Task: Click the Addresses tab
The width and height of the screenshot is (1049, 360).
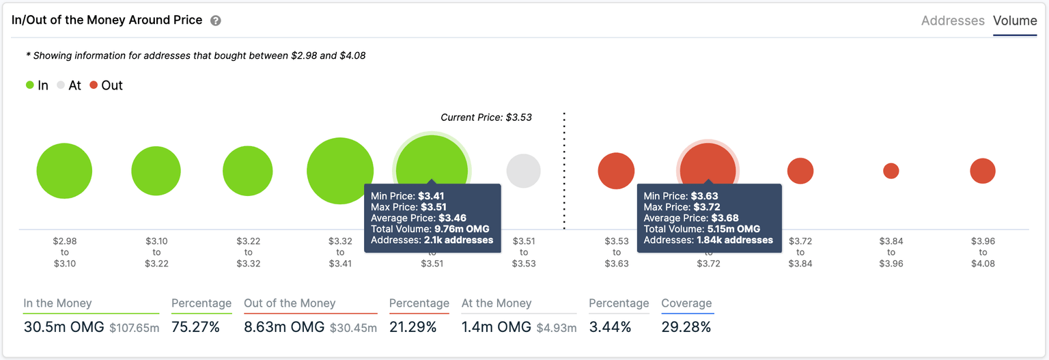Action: pos(952,20)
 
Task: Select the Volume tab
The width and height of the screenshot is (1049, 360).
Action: pos(1014,20)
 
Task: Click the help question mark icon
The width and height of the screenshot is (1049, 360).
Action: pos(216,20)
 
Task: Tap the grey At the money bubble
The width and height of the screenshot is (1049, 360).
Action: pos(523,171)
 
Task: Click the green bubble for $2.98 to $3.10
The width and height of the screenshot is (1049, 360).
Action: pos(64,171)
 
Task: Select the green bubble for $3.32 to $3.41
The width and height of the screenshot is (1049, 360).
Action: pos(340,171)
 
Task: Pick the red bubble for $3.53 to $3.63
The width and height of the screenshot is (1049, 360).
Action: pos(616,171)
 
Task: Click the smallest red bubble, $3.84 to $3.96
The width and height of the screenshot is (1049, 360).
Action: pos(891,171)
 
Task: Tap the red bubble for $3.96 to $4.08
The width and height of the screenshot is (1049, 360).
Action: pos(982,171)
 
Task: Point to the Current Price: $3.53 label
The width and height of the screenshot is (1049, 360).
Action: pos(486,117)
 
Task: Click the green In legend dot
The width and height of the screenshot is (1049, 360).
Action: pos(30,85)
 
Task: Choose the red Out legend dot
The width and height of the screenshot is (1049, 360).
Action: pos(94,85)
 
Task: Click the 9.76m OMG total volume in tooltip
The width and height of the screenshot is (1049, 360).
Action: pos(462,229)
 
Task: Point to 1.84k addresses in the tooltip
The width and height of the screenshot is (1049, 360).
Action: pos(735,240)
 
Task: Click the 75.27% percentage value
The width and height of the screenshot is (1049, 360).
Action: pos(195,327)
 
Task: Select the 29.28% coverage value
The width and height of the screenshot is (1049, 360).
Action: pos(686,327)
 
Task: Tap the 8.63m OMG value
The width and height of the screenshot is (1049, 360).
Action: pos(283,327)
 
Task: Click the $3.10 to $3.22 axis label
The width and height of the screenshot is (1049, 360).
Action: pos(156,252)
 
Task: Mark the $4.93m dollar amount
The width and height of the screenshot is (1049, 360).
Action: pos(556,329)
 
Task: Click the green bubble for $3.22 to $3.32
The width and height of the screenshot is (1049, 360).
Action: pos(247,171)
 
